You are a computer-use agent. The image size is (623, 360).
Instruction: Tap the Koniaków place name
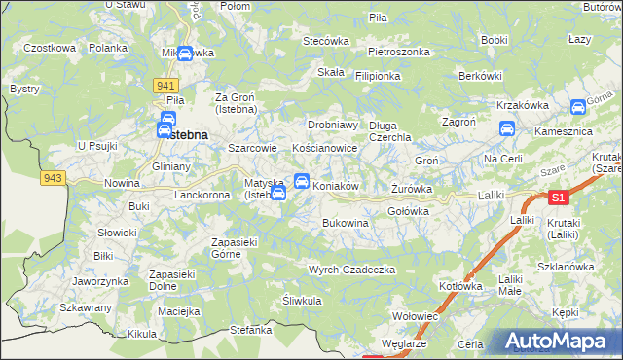click(x=337, y=185)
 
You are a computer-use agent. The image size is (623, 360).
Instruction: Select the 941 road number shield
click(x=164, y=86)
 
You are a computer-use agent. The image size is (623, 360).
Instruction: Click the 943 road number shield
click(x=53, y=178)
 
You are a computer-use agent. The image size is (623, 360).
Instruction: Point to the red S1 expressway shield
click(x=557, y=198)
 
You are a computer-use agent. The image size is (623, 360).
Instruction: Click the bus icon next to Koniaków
click(x=302, y=181)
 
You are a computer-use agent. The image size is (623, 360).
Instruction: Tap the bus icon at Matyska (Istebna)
click(x=277, y=193)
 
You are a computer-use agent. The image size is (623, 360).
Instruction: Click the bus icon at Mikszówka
click(x=184, y=53)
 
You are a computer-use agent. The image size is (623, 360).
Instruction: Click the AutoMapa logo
click(x=560, y=341)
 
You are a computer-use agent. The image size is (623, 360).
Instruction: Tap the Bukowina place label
click(x=346, y=223)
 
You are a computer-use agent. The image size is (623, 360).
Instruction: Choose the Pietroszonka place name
click(x=399, y=50)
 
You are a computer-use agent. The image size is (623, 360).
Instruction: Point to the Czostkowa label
click(x=50, y=47)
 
